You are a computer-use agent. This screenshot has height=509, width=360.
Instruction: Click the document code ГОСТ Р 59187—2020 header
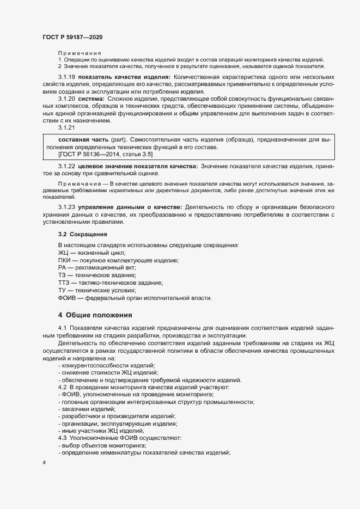coord(72,36)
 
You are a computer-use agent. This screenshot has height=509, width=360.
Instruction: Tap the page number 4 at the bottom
coord(44,462)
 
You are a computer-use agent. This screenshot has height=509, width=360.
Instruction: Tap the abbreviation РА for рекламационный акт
coord(62,268)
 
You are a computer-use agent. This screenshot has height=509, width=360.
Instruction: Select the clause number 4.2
coord(62,387)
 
